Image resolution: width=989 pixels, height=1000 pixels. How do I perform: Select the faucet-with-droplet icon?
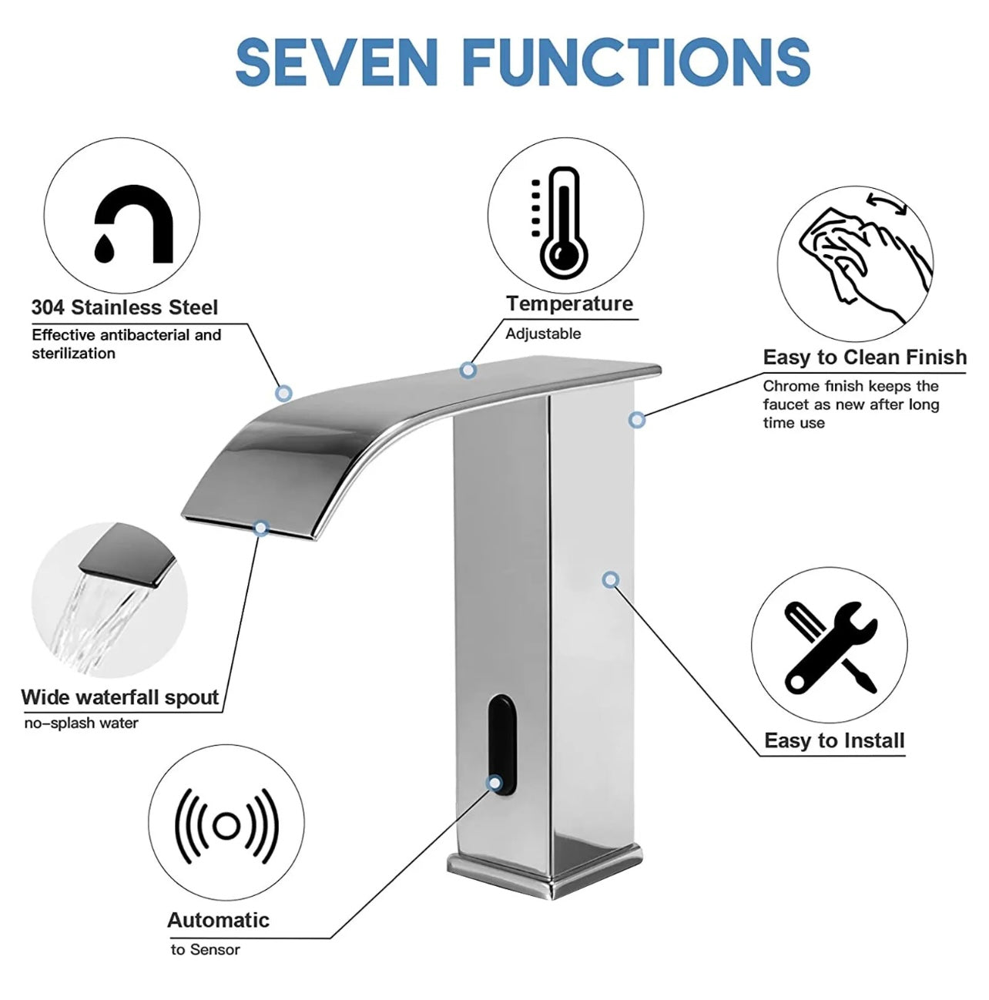click(x=133, y=224)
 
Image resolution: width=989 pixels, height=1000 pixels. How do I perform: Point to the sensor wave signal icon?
click(x=226, y=826)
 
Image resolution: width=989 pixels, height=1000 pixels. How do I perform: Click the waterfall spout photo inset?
click(x=109, y=601)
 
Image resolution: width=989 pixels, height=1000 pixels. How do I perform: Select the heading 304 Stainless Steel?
click(x=125, y=307)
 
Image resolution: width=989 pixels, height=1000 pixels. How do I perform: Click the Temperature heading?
click(x=570, y=304)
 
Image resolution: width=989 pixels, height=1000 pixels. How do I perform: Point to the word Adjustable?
click(x=543, y=334)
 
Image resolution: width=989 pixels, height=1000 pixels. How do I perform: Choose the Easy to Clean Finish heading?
click(x=864, y=357)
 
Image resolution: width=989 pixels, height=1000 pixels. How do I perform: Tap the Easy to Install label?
click(x=834, y=740)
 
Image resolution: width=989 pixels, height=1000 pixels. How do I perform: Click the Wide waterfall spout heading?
click(x=120, y=697)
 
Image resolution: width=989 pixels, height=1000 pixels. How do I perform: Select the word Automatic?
click(x=218, y=920)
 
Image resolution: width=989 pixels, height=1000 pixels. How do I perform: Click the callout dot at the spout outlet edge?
click(x=260, y=529)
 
